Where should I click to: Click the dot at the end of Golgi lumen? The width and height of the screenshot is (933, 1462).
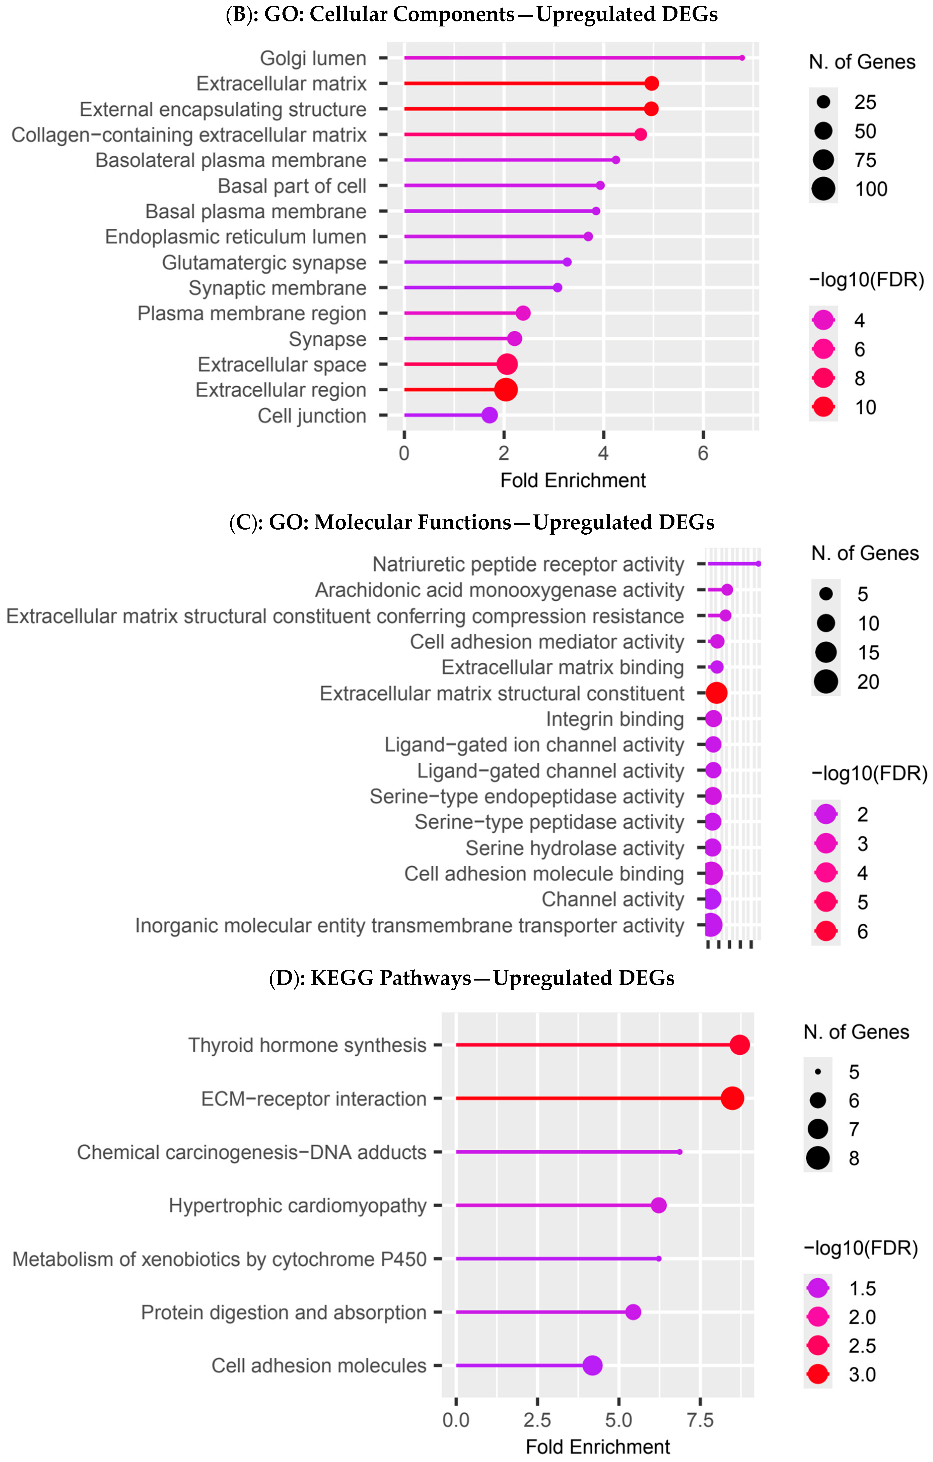tap(742, 58)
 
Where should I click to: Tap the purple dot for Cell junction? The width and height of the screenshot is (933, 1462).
tap(490, 415)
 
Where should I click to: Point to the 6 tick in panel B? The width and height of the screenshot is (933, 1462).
tap(702, 453)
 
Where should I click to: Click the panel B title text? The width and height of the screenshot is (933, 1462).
tap(471, 14)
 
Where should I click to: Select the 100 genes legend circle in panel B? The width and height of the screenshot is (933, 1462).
tap(823, 189)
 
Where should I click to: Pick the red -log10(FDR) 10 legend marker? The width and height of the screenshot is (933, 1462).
tap(823, 407)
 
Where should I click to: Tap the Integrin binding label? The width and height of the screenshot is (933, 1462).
tap(615, 719)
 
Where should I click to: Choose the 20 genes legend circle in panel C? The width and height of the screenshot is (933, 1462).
tap(826, 681)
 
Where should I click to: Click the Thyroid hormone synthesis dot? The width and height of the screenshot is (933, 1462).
tap(739, 1045)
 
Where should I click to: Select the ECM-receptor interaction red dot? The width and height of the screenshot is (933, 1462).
tap(732, 1098)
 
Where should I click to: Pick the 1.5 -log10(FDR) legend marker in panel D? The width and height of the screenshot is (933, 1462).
tap(818, 1288)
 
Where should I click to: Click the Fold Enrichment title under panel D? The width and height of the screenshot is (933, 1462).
tap(597, 1447)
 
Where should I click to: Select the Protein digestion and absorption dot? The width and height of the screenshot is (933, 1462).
tap(633, 1312)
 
